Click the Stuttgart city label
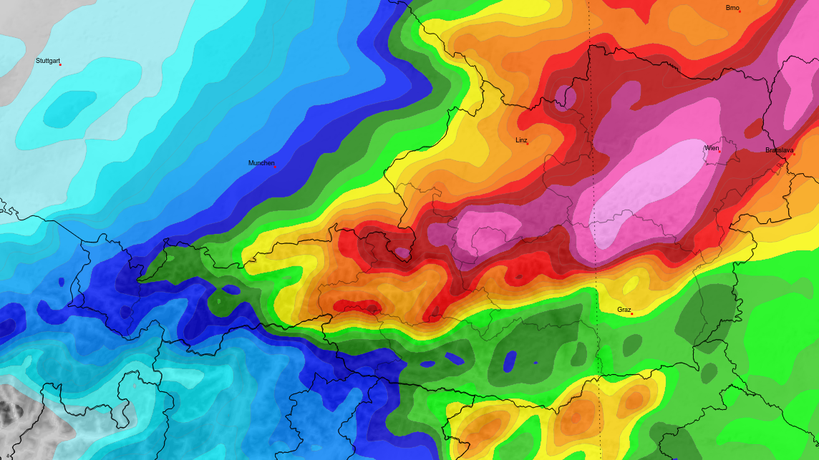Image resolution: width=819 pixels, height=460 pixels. [48, 61]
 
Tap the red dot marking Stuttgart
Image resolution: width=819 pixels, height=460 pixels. [60, 65]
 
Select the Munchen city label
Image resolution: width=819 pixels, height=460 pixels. [261, 163]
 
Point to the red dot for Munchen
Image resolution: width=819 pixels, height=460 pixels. [275, 167]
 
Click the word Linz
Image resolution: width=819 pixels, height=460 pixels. [521, 140]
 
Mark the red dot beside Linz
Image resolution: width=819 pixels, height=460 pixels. [528, 144]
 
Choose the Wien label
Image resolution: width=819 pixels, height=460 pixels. [712, 148]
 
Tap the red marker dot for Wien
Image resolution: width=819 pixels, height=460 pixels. [719, 152]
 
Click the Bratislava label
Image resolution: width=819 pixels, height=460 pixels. [779, 150]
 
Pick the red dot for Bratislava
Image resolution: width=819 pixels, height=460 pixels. [793, 154]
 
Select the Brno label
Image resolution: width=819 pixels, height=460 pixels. [732, 8]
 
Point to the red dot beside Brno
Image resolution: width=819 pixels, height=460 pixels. [740, 11]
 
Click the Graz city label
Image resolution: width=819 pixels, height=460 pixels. [624, 310]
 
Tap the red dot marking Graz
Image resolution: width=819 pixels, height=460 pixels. [631, 313]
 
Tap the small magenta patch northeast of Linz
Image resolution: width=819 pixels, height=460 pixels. [566, 95]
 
